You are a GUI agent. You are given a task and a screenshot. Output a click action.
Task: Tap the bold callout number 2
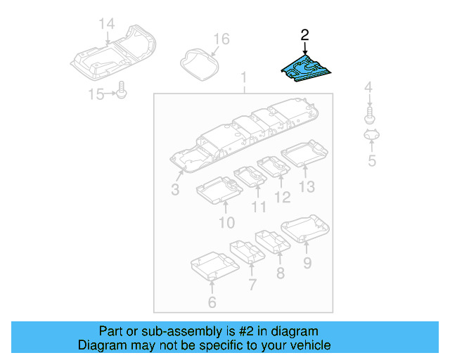tap(304, 34)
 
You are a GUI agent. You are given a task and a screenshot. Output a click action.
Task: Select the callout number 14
tap(106, 25)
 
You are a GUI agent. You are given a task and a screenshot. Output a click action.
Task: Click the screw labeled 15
tap(122, 91)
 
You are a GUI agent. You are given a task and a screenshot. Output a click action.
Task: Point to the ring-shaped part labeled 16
tap(198, 62)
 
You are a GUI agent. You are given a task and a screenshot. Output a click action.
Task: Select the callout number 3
tap(175, 190)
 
